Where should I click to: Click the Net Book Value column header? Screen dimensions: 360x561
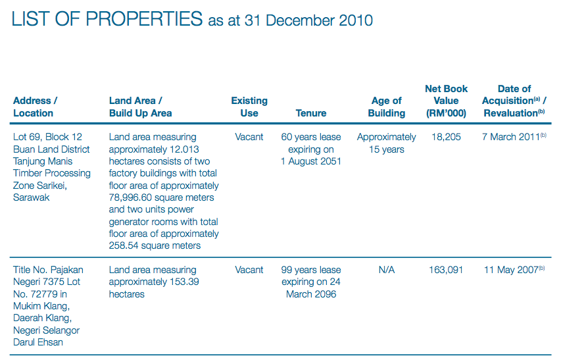point(447,101)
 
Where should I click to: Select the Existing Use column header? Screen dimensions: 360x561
point(249,107)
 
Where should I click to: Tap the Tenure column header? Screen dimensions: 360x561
point(311,113)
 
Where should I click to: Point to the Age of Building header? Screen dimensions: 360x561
point(387,107)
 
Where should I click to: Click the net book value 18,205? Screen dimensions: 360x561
point(446,137)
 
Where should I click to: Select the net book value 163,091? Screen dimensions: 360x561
point(446,270)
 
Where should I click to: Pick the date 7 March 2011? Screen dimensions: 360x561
point(511,137)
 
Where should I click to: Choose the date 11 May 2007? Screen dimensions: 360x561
point(511,270)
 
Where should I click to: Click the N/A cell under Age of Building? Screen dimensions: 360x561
point(387,270)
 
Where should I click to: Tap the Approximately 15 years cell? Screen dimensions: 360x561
point(387,143)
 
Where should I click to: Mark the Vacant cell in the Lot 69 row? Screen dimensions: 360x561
point(249,137)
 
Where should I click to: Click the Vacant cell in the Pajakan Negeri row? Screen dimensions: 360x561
point(249,270)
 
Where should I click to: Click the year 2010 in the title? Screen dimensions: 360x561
point(355,20)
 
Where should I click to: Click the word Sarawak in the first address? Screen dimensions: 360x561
point(32,197)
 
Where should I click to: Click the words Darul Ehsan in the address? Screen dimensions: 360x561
point(39,342)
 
